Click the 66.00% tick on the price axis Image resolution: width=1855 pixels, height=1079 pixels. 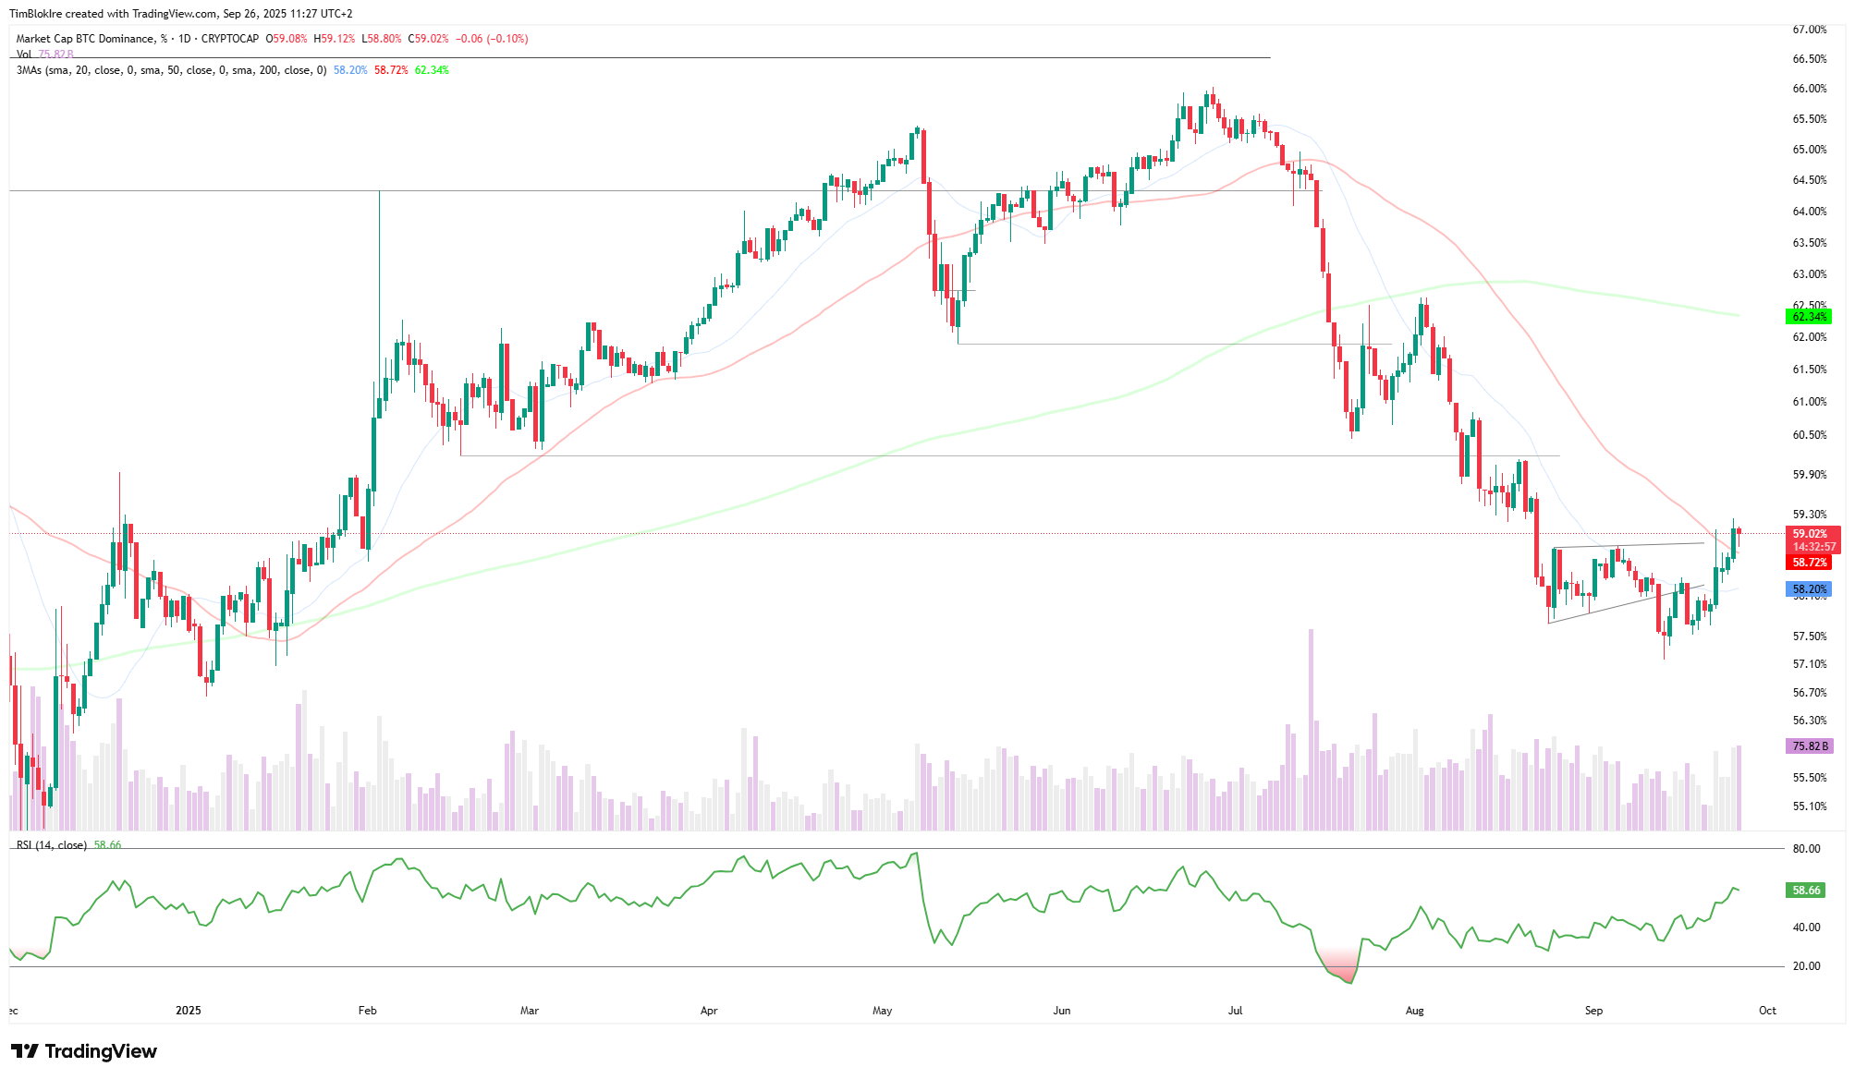point(1809,89)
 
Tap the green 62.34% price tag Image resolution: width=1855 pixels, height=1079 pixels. point(1809,317)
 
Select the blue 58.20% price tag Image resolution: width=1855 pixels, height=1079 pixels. point(1809,589)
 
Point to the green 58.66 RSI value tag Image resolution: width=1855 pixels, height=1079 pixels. point(1806,891)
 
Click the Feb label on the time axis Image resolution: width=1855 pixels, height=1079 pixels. point(367,1011)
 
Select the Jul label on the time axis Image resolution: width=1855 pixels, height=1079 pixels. point(1235,1011)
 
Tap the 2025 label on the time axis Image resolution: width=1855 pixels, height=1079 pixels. point(189,1011)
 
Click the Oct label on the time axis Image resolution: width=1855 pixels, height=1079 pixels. point(1767,1011)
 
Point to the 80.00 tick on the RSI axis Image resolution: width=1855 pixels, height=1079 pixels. point(1806,849)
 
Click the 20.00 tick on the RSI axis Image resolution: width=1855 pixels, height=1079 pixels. point(1806,966)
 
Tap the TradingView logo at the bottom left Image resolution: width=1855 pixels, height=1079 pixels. point(84,1051)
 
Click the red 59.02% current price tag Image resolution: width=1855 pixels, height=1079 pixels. point(1810,534)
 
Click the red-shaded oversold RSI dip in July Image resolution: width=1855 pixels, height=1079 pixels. point(1339,965)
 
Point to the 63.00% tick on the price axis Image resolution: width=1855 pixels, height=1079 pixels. point(1809,274)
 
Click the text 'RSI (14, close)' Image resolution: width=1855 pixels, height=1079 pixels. point(52,845)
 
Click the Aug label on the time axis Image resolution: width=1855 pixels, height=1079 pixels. point(1414,1011)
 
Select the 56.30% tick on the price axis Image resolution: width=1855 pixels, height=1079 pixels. point(1809,721)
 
